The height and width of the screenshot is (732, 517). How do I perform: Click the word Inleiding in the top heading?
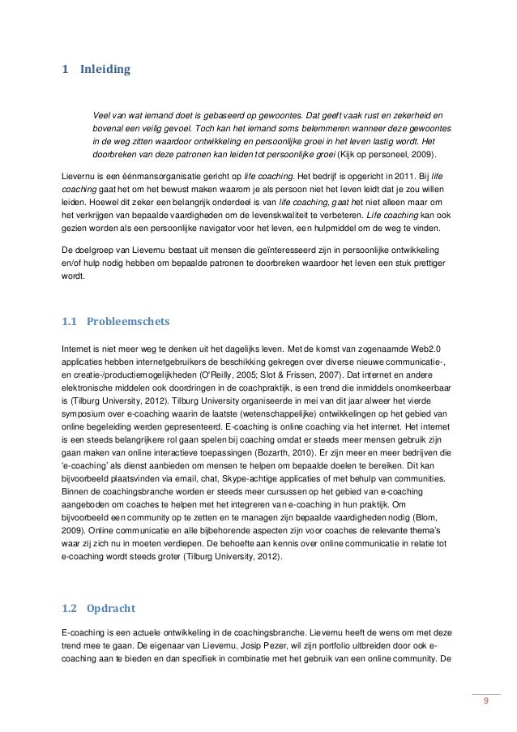105,71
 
